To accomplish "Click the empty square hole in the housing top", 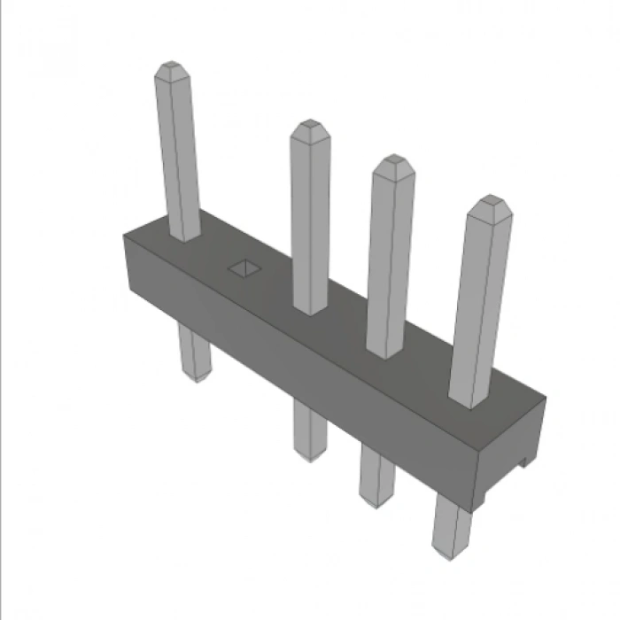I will click(x=241, y=267).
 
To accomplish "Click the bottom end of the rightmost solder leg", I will click(x=449, y=550).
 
